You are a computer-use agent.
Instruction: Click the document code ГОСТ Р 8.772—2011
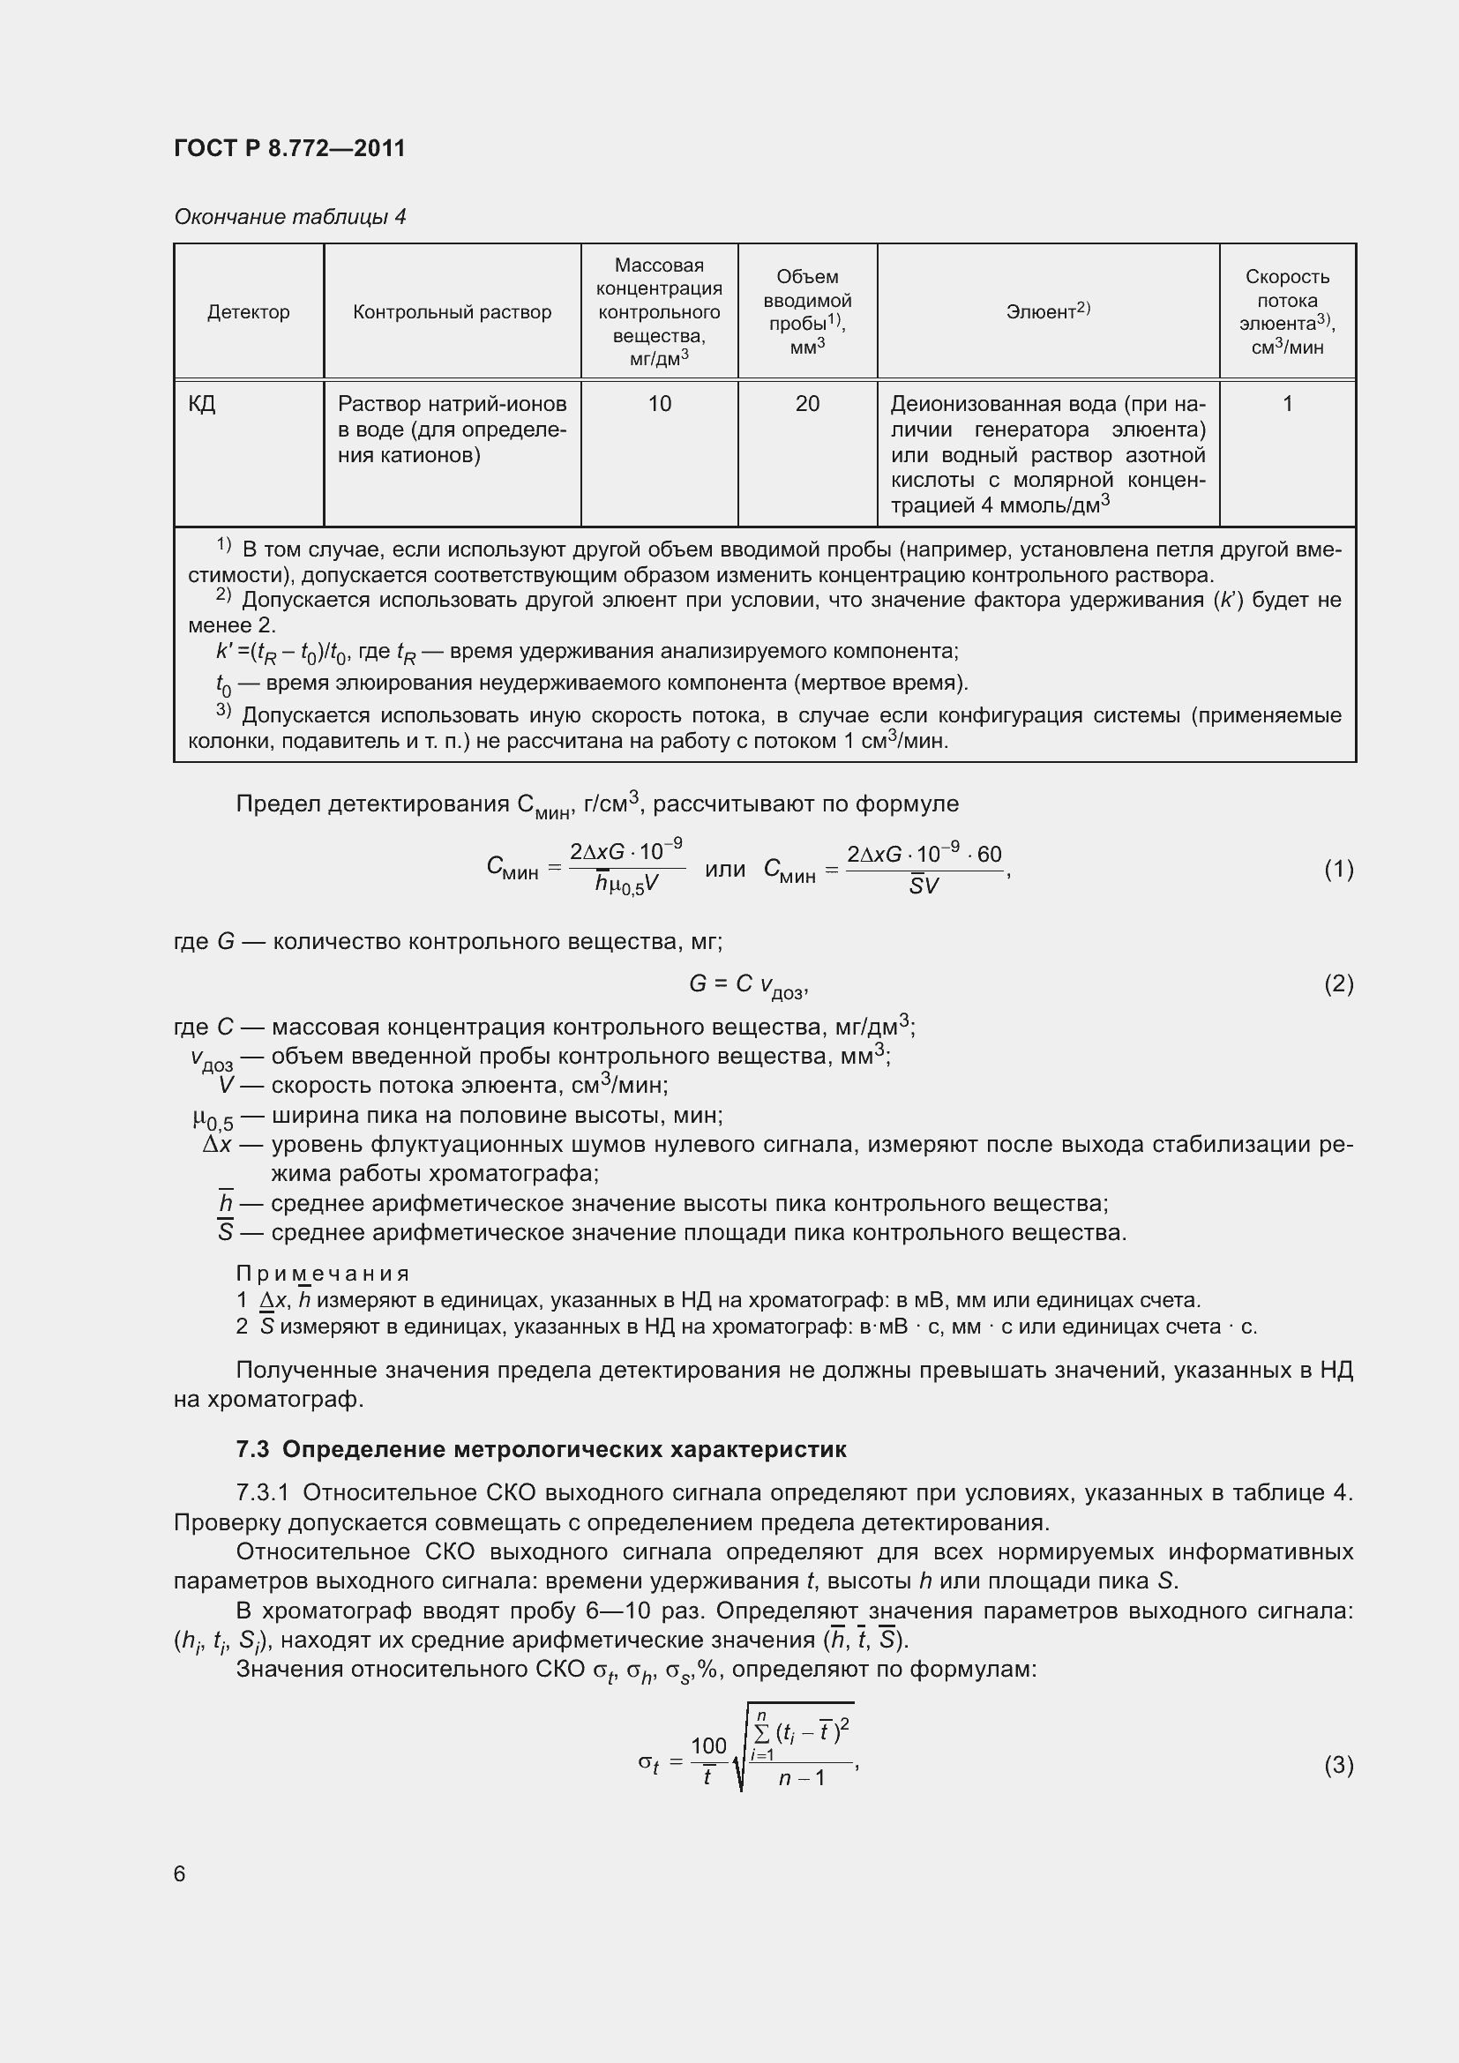tap(289, 148)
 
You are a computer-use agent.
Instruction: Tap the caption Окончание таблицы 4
tap(289, 217)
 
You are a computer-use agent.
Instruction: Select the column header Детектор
tap(248, 311)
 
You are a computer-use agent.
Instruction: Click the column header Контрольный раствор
tap(452, 311)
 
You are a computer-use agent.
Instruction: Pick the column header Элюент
tap(1048, 310)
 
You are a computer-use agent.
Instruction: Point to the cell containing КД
tap(202, 404)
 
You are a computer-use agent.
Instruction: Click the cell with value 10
tap(660, 404)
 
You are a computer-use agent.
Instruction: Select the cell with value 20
tap(807, 404)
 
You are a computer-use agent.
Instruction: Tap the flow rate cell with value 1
tap(1286, 404)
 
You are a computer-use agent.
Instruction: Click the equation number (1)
tap(1338, 869)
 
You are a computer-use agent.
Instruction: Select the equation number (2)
tap(1338, 984)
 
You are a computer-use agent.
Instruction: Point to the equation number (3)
tap(1338, 1766)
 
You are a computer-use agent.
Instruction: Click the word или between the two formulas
tap(725, 869)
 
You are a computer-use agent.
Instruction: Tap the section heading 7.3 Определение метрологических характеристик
tap(541, 1449)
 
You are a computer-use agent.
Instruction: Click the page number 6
tap(180, 1873)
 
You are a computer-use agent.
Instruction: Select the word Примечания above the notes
tap(323, 1274)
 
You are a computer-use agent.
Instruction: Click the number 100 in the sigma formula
tap(708, 1745)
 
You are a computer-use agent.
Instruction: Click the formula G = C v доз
tap(747, 986)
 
